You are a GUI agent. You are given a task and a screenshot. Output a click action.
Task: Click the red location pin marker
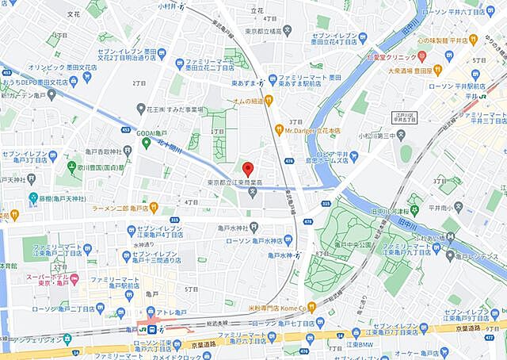coord(247,168)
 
